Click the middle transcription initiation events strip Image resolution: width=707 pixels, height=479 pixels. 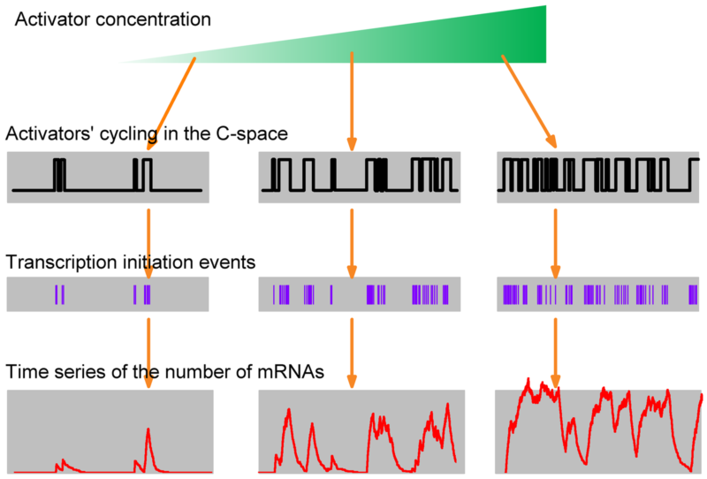(x=358, y=294)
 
